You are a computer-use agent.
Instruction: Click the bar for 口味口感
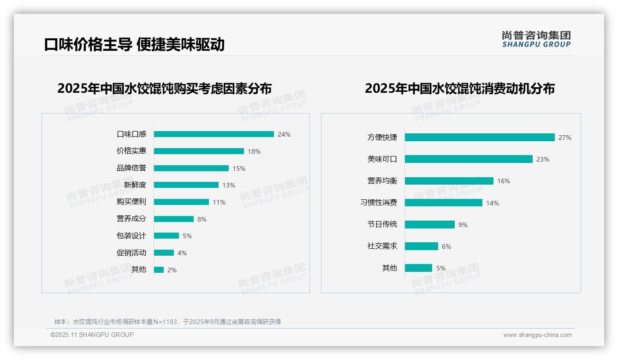(214, 134)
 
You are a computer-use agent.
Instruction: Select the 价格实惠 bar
(199, 151)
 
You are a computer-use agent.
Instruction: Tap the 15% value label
(239, 168)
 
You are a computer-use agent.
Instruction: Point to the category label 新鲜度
(135, 185)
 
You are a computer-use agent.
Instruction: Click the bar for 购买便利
(181, 202)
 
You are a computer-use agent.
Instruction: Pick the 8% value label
(202, 219)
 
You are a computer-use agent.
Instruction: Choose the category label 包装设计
(131, 236)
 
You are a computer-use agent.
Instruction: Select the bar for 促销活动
(164, 253)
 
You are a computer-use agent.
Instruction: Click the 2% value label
(172, 270)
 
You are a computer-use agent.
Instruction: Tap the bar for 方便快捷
(480, 138)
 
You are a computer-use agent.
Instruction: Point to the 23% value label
(543, 159)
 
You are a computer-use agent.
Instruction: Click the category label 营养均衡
(382, 181)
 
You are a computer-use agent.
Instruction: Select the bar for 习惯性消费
(443, 203)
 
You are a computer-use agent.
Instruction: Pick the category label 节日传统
(382, 224)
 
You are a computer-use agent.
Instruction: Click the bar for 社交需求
(421, 246)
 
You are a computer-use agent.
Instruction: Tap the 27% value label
(565, 138)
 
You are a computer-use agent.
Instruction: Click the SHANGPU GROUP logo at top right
(536, 39)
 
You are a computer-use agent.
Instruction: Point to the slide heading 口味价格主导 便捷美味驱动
(134, 44)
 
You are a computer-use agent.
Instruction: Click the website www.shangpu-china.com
(537, 335)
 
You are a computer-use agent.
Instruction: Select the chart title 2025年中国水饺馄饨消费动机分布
(459, 89)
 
